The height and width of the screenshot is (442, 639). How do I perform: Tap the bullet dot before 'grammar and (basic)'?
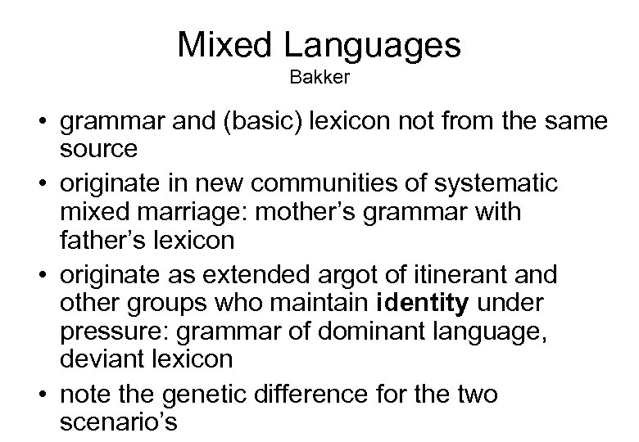pyautogui.click(x=39, y=124)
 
